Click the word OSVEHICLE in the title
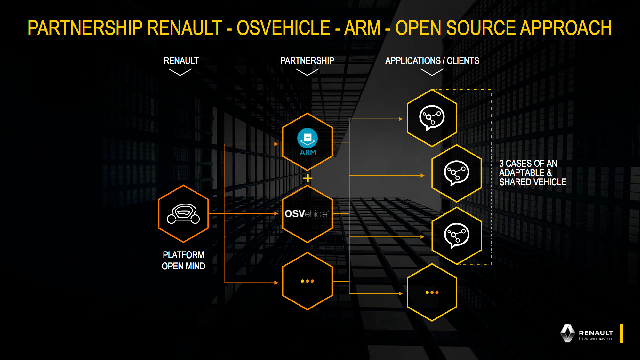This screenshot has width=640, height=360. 283,28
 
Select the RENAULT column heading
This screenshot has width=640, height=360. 181,61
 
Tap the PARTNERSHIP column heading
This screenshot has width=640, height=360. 307,61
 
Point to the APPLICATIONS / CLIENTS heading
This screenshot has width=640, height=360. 432,61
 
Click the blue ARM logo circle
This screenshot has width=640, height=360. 308,138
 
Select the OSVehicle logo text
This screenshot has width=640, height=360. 307,214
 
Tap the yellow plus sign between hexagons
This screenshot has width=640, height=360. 308,178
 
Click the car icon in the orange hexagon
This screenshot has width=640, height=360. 183,214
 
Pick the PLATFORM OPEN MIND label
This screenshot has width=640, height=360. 183,260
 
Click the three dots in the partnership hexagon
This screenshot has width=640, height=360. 307,281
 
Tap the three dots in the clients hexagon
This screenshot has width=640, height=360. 432,292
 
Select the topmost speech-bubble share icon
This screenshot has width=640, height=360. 432,117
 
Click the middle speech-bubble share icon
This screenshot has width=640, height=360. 457,173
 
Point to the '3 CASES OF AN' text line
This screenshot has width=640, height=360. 528,164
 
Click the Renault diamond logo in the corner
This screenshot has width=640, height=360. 567,333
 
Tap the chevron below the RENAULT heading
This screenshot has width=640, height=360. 180,72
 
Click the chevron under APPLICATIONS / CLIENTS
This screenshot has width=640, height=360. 432,72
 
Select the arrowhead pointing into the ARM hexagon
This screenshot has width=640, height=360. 276,144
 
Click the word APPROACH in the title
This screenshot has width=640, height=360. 566,28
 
